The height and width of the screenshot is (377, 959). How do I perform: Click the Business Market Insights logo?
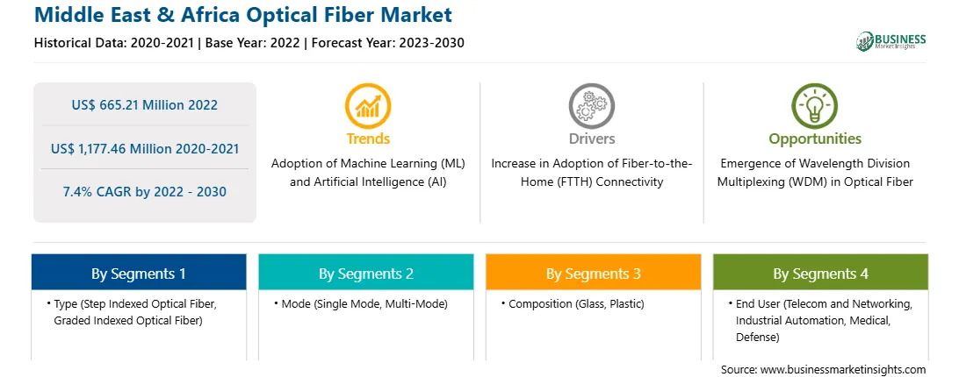click(891, 41)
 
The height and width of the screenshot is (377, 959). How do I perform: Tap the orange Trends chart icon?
click(368, 105)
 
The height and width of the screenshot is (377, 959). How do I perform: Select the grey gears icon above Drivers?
click(591, 105)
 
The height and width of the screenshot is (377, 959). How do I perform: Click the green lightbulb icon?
click(815, 105)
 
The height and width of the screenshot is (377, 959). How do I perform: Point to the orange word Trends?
click(368, 139)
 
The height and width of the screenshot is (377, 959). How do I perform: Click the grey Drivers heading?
click(592, 139)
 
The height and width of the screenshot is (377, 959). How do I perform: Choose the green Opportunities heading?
click(815, 139)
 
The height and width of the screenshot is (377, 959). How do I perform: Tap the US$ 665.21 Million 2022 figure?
click(144, 105)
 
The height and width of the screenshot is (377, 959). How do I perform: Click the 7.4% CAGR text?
click(97, 192)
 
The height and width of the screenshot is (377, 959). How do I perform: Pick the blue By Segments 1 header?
click(139, 274)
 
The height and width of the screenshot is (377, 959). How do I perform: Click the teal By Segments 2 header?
click(365, 274)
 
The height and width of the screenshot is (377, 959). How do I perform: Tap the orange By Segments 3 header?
click(594, 274)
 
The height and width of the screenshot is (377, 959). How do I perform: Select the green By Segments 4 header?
click(821, 274)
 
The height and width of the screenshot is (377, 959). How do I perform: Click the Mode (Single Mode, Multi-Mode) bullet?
click(361, 303)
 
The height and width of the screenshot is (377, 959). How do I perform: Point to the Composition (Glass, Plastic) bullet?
click(573, 303)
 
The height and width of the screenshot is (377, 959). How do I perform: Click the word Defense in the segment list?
click(757, 337)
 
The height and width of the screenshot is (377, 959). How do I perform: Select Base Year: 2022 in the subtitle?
click(253, 43)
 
